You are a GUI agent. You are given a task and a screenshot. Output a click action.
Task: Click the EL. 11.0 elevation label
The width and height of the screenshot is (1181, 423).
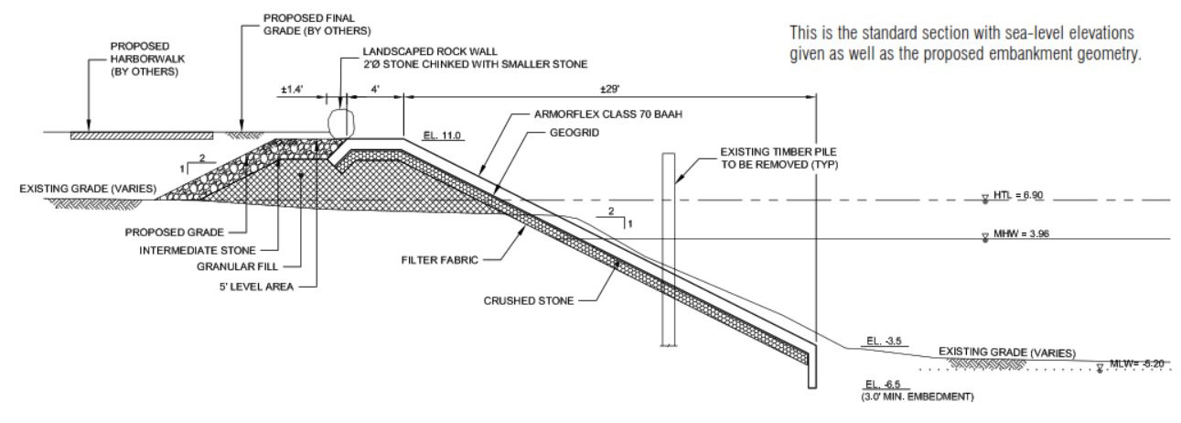pyautogui.click(x=444, y=135)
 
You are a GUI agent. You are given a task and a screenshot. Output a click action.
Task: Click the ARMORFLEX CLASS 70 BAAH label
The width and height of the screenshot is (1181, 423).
pyautogui.click(x=611, y=116)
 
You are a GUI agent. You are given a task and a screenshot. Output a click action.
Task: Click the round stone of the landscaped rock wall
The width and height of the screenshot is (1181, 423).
pyautogui.click(x=340, y=120)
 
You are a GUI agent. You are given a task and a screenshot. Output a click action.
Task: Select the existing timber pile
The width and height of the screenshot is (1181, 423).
pyautogui.click(x=669, y=247)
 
